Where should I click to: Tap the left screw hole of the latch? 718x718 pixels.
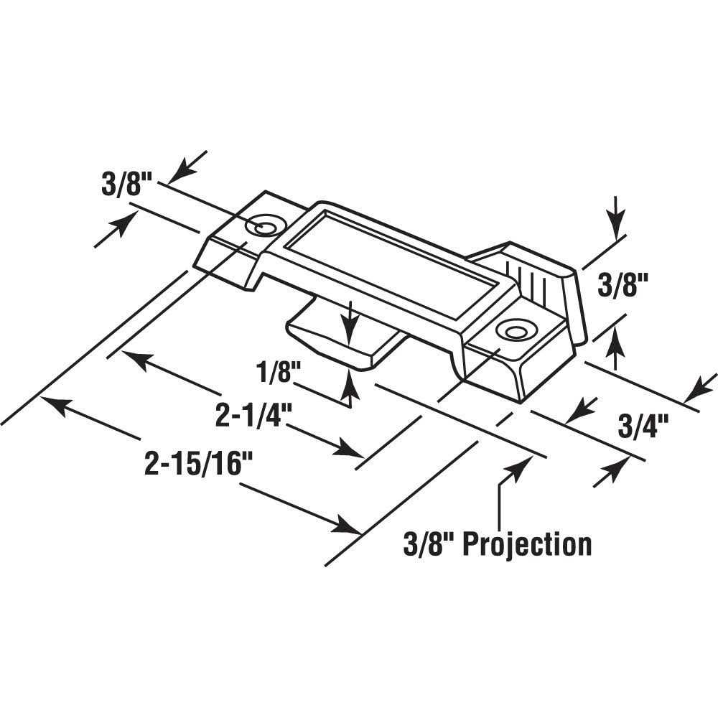pyautogui.click(x=260, y=227)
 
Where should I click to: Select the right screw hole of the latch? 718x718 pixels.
pyautogui.click(x=513, y=330)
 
